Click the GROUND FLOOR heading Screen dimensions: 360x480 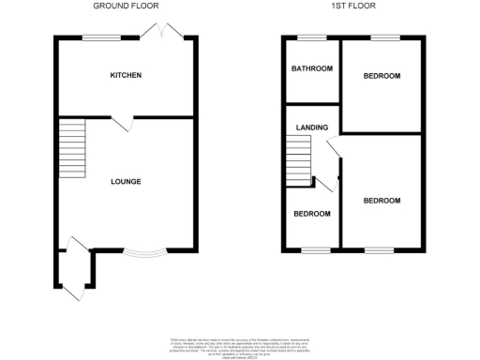(126, 7)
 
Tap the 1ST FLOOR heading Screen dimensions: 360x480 (354, 7)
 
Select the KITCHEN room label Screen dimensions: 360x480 (126, 75)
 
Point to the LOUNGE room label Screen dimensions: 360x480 (126, 181)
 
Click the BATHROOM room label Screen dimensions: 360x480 (311, 68)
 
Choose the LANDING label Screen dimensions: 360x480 (311, 127)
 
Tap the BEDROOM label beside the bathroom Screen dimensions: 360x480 (382, 76)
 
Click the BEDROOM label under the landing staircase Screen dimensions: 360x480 (311, 214)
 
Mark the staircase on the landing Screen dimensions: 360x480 (298, 159)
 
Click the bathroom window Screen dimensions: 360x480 (310, 37)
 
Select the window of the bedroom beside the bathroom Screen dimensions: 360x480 (382, 37)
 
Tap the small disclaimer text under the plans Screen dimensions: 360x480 (239, 346)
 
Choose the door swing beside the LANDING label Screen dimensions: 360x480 (332, 146)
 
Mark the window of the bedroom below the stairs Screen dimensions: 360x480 (310, 249)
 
